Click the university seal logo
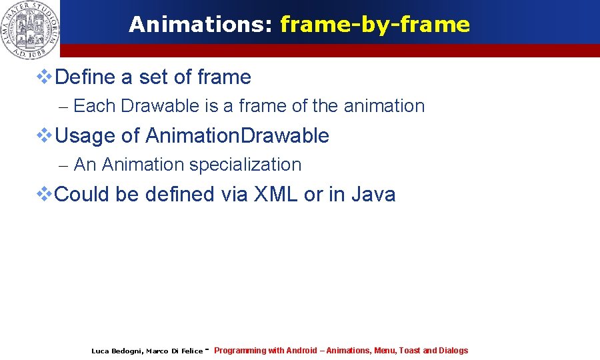click(x=30, y=29)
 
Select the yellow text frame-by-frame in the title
click(x=375, y=25)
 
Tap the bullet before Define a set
click(x=43, y=77)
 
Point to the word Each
click(x=95, y=106)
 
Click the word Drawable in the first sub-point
click(x=160, y=106)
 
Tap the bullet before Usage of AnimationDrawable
click(x=43, y=136)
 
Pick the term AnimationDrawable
click(x=237, y=136)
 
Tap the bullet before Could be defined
click(x=43, y=195)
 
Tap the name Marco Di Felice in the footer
click(x=174, y=351)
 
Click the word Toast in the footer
click(x=409, y=351)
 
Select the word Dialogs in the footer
click(x=453, y=351)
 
